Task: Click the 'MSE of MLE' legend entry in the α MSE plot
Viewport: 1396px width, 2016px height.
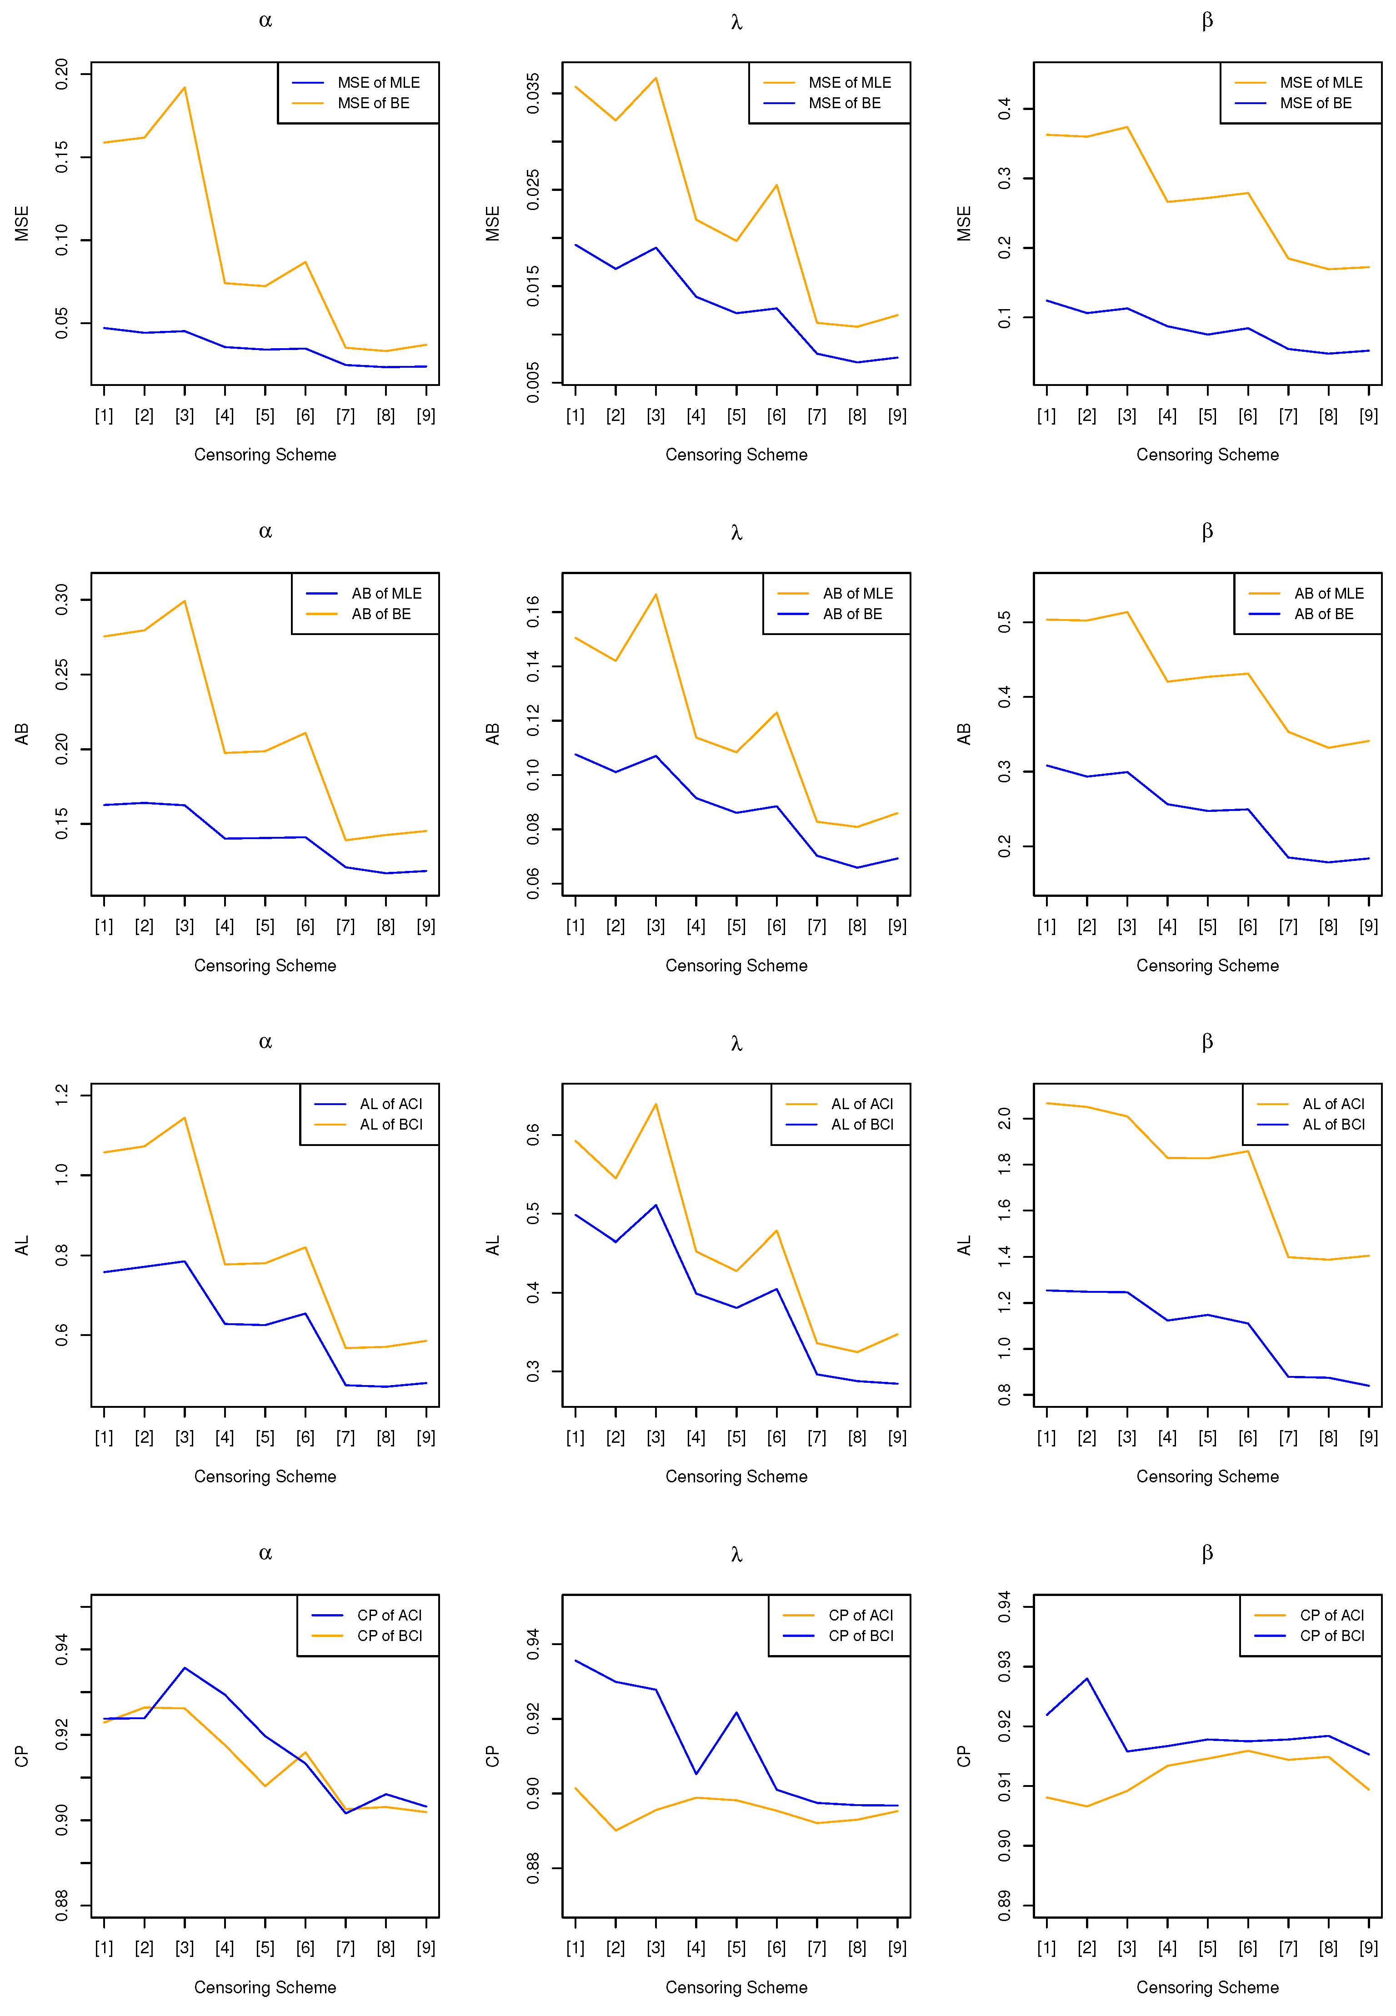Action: click(378, 82)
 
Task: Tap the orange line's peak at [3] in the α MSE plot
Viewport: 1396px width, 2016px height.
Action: click(185, 87)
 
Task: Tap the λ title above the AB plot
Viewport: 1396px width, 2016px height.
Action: click(736, 532)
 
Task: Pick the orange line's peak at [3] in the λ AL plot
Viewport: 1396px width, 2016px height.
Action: click(656, 1104)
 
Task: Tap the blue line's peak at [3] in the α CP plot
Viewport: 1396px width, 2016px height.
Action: click(185, 1668)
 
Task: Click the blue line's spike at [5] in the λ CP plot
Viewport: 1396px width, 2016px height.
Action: click(736, 1712)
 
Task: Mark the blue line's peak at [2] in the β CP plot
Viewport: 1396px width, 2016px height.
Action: click(1087, 1678)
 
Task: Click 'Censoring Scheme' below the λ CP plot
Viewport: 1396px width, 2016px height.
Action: click(736, 1987)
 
